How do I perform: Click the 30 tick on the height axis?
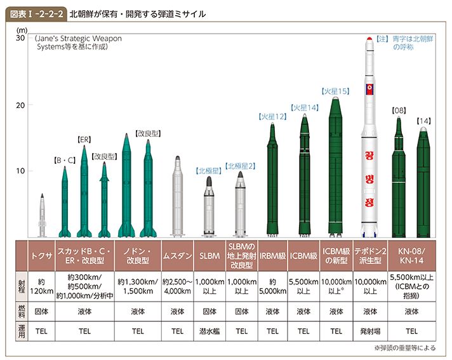[x=20, y=39]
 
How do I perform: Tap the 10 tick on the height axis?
[x=20, y=171]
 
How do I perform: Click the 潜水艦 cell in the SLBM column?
[x=209, y=331]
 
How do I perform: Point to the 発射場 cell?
[x=368, y=331]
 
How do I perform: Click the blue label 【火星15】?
[x=336, y=91]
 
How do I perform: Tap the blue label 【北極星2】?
[x=241, y=166]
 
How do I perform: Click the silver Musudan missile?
[x=178, y=197]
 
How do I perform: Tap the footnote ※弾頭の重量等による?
[x=406, y=349]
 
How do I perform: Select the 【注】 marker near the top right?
[x=382, y=39]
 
